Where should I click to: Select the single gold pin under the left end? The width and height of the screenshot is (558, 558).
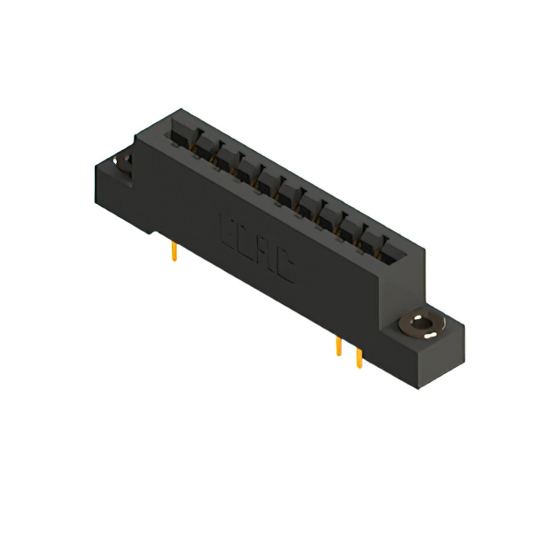click(x=175, y=252)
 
